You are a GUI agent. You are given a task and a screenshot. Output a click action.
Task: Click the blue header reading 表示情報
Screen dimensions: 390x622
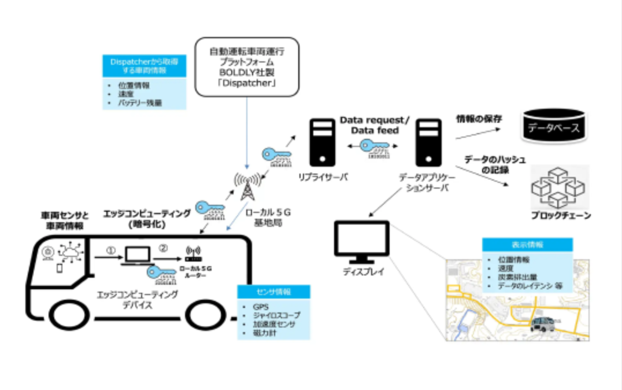(x=527, y=245)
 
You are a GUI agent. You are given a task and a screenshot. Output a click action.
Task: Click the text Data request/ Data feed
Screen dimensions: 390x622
(x=374, y=125)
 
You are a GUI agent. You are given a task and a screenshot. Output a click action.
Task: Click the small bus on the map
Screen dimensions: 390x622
(x=543, y=325)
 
